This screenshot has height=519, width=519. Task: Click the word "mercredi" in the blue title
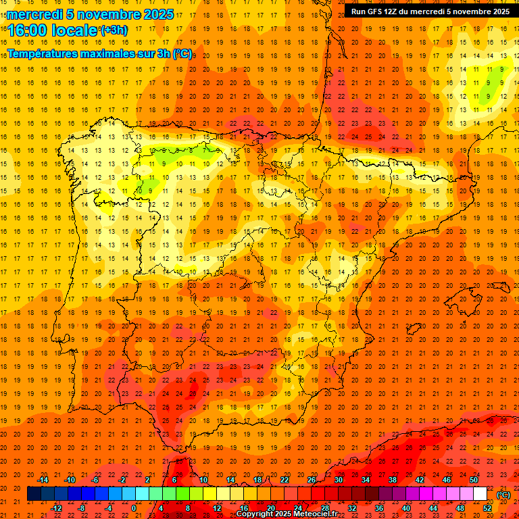point(36,14)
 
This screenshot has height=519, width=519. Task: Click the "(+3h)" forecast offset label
point(113,30)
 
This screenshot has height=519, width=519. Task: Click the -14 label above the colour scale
point(43,480)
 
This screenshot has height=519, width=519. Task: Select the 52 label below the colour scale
point(487,508)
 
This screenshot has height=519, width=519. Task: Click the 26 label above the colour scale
point(312,480)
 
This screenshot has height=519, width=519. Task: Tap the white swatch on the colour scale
point(480,494)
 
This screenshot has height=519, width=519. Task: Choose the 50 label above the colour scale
point(474,480)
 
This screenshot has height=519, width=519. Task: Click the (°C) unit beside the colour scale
point(503,495)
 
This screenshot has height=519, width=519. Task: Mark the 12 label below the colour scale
point(217,508)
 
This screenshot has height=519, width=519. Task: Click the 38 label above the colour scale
point(393,480)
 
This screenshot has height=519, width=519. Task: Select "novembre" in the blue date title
point(107,14)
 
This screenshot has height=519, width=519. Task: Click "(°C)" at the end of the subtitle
point(182,53)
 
